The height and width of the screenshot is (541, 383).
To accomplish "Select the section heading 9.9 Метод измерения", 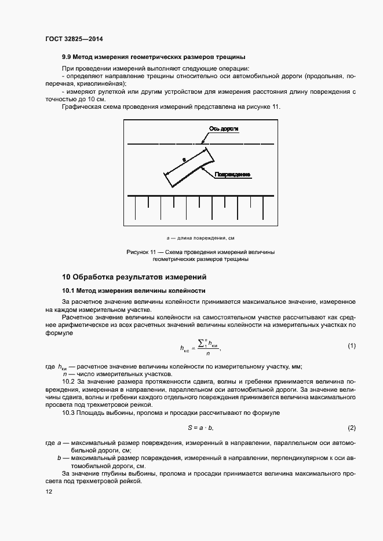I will click(x=154, y=57).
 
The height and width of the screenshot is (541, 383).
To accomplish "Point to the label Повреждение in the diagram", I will click(x=232, y=174).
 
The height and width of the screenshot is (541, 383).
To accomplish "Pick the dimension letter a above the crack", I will click(x=183, y=157).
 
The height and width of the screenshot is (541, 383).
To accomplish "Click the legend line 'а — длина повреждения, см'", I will click(x=199, y=238).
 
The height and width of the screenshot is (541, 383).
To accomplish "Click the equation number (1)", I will click(x=351, y=345).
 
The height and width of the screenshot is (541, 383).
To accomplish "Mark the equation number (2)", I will click(x=351, y=428).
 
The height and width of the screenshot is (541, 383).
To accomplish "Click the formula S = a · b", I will click(x=200, y=428).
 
